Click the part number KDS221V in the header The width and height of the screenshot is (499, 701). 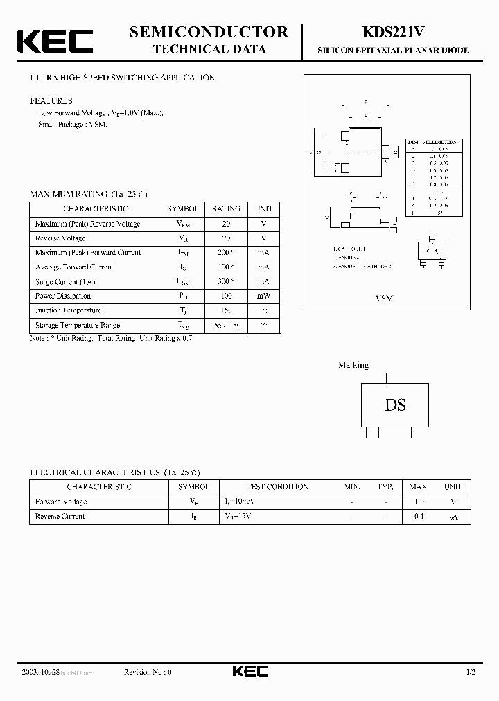392,33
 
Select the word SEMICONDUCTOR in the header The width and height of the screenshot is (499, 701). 209,32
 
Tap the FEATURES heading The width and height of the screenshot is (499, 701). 51,100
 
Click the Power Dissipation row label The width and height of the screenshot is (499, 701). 63,296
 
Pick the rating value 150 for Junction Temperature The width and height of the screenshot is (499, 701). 225,310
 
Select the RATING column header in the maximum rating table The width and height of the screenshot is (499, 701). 226,209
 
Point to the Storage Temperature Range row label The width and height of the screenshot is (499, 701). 77,325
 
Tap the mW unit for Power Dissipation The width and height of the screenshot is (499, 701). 263,296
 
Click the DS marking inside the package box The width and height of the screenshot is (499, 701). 395,405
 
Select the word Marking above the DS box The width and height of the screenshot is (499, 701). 353,365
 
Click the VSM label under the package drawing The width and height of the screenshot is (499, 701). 384,298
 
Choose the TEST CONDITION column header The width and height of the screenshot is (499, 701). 277,487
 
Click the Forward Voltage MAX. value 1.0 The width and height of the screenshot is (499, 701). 419,502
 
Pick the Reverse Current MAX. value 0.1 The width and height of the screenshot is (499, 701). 419,516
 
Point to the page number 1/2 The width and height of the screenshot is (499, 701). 471,672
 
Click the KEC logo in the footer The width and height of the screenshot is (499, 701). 249,672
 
